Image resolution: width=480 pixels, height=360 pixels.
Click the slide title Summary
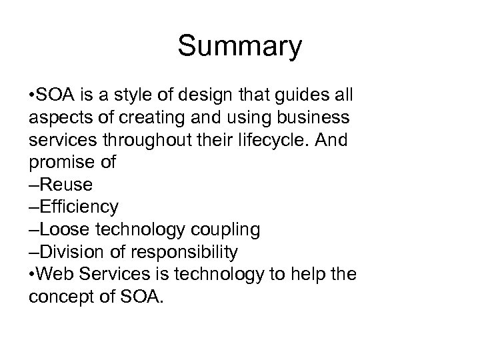tap(240, 47)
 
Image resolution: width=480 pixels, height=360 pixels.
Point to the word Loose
tap(64, 229)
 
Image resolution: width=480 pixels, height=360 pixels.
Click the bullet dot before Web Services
tap(33, 274)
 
